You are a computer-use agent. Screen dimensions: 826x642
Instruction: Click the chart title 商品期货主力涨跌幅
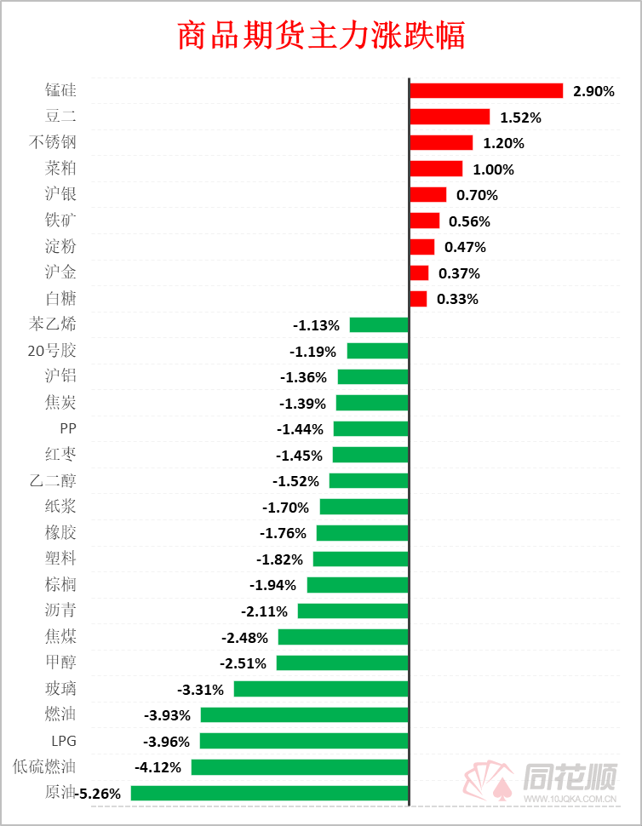[x=321, y=37]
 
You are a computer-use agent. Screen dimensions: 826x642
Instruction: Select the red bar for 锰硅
[x=486, y=91]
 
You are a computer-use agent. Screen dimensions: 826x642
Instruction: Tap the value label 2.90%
[x=593, y=91]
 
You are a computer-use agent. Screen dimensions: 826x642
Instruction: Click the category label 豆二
[x=60, y=117]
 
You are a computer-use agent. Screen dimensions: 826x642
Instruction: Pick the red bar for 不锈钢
[x=441, y=143]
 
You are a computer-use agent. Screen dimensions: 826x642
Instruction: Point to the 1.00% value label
[x=494, y=169]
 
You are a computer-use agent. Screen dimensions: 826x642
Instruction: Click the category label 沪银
[x=60, y=195]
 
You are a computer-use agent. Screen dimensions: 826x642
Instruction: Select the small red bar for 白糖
[x=418, y=299]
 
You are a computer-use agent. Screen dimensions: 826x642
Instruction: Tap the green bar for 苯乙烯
[x=379, y=324]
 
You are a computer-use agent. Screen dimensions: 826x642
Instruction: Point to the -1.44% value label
[x=300, y=429]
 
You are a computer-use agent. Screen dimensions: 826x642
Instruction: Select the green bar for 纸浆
[x=364, y=507]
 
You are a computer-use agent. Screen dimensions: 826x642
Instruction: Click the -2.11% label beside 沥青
[x=264, y=611]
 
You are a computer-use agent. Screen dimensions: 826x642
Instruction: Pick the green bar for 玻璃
[x=322, y=689]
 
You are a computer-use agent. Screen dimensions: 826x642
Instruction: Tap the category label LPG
[x=64, y=741]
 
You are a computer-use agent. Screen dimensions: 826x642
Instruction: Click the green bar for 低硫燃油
[x=300, y=767]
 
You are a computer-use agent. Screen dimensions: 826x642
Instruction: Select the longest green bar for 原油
[x=270, y=793]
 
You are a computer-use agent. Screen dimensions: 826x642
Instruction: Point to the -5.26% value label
[x=100, y=794]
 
